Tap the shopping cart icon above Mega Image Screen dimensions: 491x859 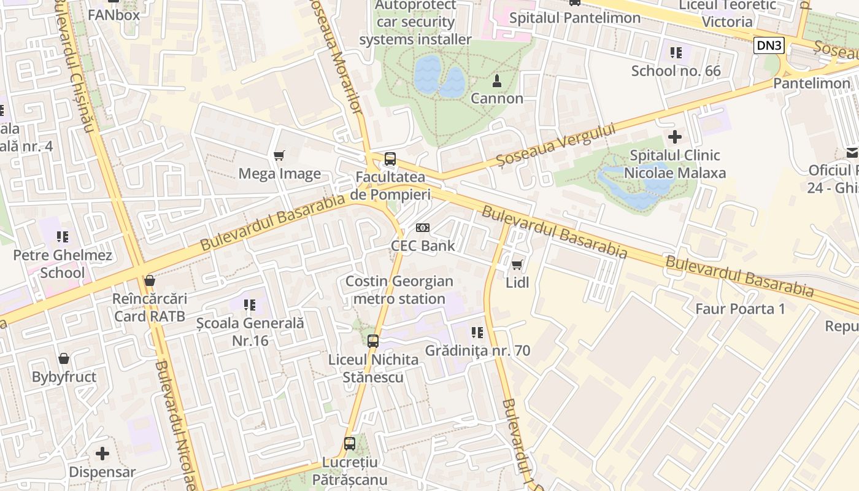click(279, 156)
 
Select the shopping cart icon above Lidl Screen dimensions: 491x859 click(517, 265)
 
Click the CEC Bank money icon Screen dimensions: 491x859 click(423, 228)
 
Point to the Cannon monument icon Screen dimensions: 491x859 click(497, 80)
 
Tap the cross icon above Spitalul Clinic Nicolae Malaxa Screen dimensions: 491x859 click(675, 136)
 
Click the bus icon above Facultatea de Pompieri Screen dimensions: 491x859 click(390, 159)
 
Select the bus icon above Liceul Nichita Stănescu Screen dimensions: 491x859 click(373, 341)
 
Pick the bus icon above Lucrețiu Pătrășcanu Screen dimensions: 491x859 click(350, 443)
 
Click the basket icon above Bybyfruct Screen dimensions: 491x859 click(64, 358)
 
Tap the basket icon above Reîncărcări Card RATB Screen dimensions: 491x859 click(149, 281)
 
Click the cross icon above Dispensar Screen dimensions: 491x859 click(102, 454)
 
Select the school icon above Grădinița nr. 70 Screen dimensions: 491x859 click(477, 333)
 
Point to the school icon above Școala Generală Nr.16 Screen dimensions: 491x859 click(250, 304)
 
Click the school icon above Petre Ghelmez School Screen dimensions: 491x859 click(62, 236)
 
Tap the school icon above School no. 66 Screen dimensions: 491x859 click(676, 53)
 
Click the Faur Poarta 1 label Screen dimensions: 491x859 click(740, 309)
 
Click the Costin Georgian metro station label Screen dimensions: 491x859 click(399, 290)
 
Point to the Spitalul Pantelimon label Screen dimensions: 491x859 click(575, 18)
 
